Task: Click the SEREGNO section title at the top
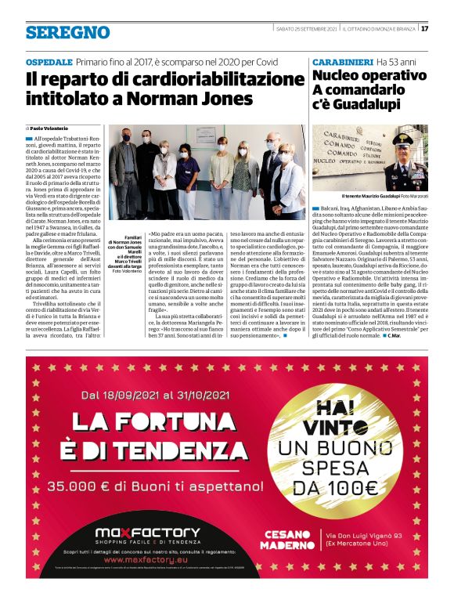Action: [67, 32]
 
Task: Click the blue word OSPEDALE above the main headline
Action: [49, 61]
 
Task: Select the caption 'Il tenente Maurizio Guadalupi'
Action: [356, 195]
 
